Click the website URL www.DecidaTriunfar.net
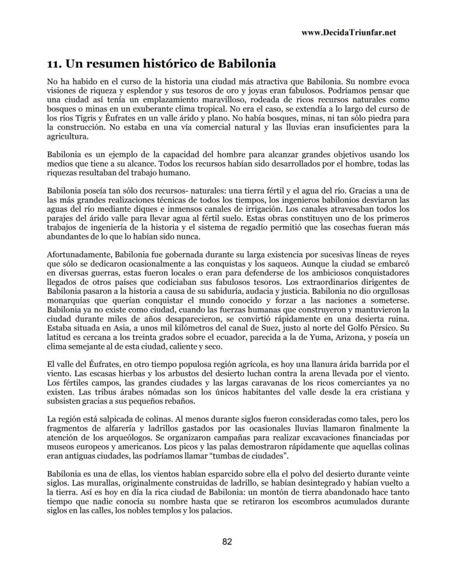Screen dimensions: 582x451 pyautogui.click(x=348, y=32)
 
